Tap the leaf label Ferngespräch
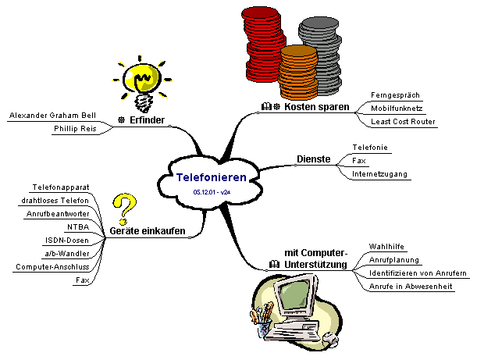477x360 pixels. [x=395, y=95]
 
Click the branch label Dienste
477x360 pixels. [x=314, y=159]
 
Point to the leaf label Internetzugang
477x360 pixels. [x=379, y=173]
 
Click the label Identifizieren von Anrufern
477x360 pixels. [x=418, y=273]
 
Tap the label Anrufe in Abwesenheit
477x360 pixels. [x=411, y=286]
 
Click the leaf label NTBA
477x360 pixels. [x=77, y=226]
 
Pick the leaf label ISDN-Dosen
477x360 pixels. [x=68, y=240]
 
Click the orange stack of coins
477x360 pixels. [x=297, y=70]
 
